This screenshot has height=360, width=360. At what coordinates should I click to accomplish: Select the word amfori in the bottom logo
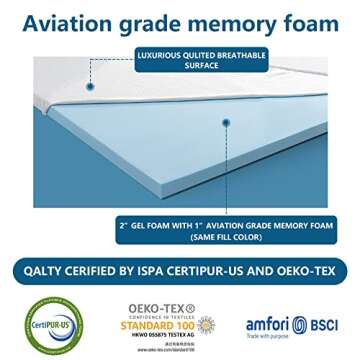(x=268, y=322)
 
